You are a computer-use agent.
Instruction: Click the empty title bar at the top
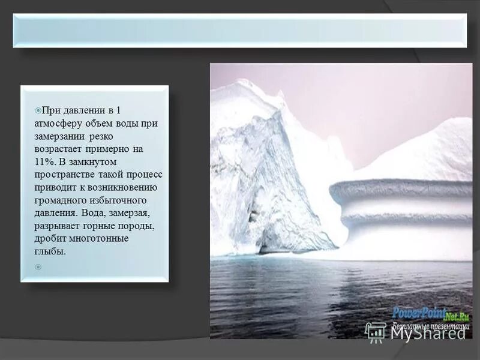239,31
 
